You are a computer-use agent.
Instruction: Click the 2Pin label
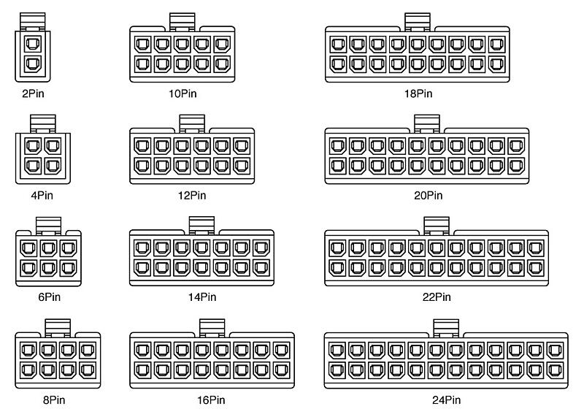33,93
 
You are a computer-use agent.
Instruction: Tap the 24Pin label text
446,400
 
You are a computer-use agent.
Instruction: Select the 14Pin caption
202,297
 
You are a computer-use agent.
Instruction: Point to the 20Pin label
429,195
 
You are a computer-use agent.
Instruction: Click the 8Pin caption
54,400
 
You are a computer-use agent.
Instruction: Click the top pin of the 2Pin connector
33,44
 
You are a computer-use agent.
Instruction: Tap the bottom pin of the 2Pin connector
33,64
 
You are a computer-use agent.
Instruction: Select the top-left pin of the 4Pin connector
33,146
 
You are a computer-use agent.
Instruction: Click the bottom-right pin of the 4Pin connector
53,166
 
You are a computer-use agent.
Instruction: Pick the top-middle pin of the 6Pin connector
48,248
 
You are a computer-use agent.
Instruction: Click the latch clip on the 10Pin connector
182,22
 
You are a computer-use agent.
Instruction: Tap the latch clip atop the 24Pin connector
446,329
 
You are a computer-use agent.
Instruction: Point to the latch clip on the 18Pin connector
418,22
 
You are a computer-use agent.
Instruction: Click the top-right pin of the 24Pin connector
556,351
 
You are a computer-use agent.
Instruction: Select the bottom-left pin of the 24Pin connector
337,370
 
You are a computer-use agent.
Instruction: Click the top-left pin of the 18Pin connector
338,44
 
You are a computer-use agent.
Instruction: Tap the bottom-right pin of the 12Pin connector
242,166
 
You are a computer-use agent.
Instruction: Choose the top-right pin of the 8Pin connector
88,351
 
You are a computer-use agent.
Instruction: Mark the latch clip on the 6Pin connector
48,226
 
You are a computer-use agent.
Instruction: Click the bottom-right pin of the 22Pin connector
536,267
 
